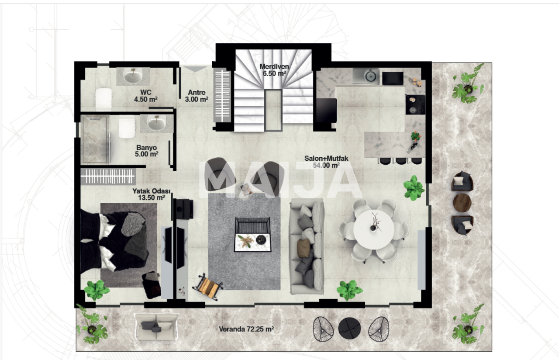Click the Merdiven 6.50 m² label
274,70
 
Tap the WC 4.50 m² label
146,96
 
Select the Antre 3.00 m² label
197,96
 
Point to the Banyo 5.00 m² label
146,151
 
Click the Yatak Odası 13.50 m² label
151,194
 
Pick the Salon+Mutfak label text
326,158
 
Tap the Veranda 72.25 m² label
246,329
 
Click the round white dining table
373,229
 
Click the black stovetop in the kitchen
415,104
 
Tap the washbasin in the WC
133,76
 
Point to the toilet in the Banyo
127,127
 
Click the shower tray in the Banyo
95,139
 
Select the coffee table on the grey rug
253,235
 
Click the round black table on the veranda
349,329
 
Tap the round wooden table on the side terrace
462,203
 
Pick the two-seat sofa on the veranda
156,326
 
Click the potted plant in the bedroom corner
97,290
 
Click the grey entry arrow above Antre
195,69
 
